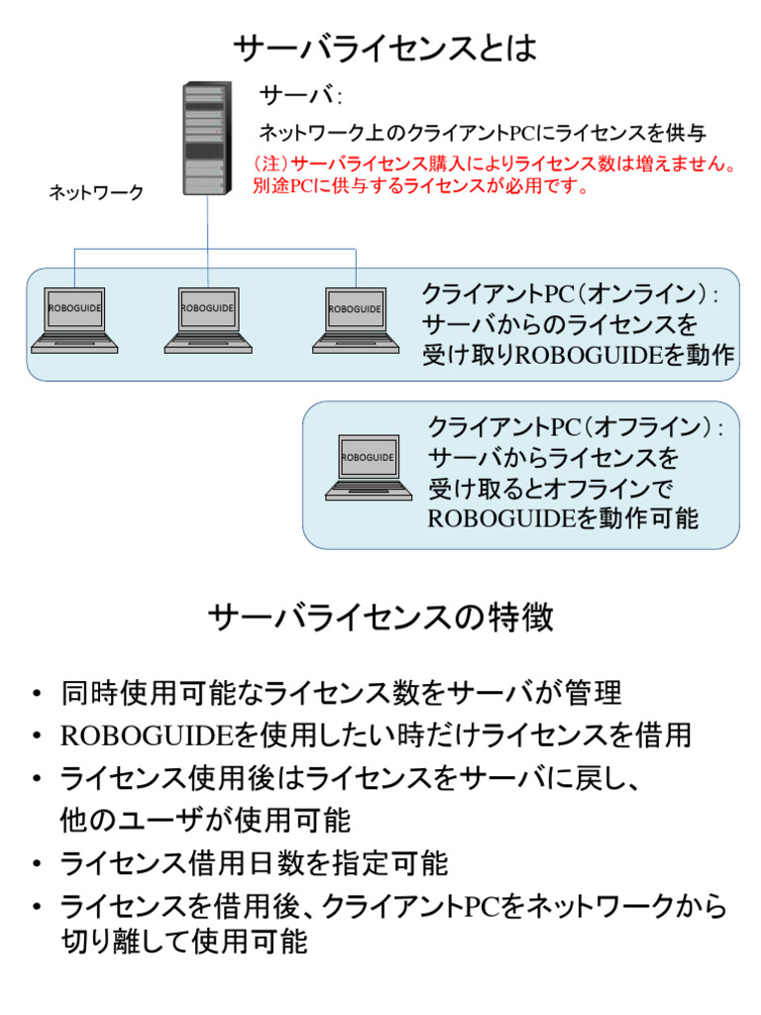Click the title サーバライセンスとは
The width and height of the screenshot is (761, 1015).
click(384, 49)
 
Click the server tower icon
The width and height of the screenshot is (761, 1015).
click(207, 139)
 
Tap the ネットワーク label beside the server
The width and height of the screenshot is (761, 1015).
click(97, 193)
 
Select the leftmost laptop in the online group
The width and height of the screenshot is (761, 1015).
click(74, 319)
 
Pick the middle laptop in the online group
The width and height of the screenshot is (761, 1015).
click(207, 319)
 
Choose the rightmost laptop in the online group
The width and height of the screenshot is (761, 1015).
click(355, 319)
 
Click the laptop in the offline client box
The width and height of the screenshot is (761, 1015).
click(368, 467)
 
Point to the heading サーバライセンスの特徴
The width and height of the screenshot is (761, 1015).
click(381, 619)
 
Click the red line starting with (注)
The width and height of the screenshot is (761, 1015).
click(496, 164)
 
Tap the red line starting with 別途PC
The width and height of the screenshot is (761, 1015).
click(421, 185)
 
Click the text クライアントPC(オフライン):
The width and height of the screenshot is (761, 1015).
click(577, 428)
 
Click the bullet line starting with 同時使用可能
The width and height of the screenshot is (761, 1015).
click(341, 692)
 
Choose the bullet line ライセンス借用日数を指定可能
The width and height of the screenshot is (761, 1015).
click(254, 863)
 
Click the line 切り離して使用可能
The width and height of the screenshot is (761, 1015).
click(184, 942)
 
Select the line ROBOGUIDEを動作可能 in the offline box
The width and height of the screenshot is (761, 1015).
click(563, 517)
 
